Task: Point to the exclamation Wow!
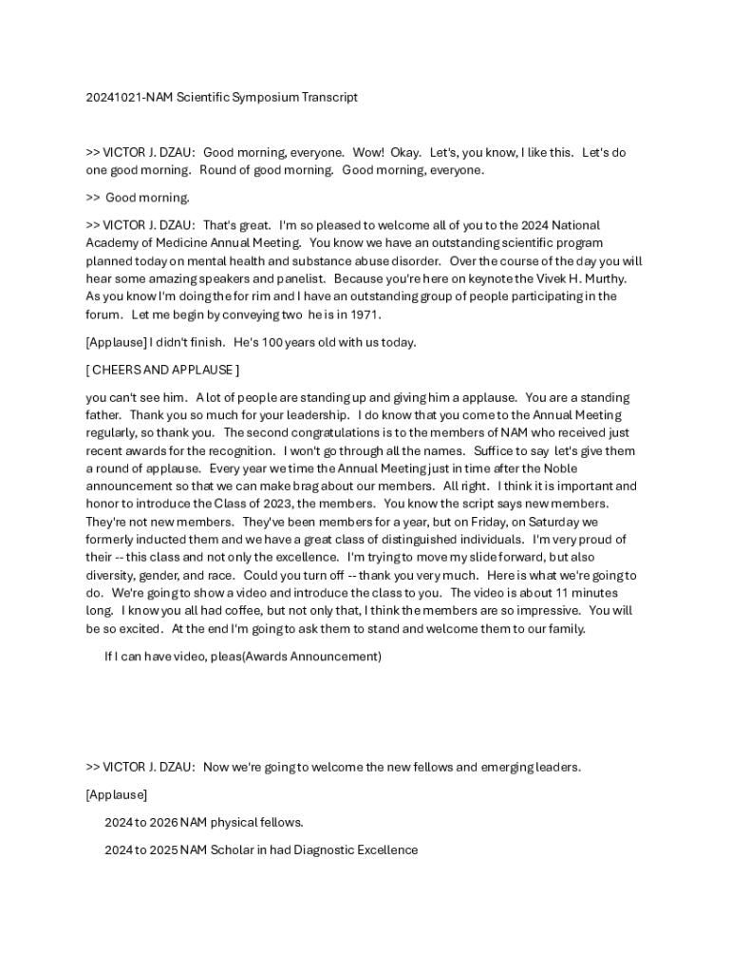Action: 368,152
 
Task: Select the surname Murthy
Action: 603,278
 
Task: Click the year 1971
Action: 365,315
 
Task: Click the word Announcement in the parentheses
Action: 339,656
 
